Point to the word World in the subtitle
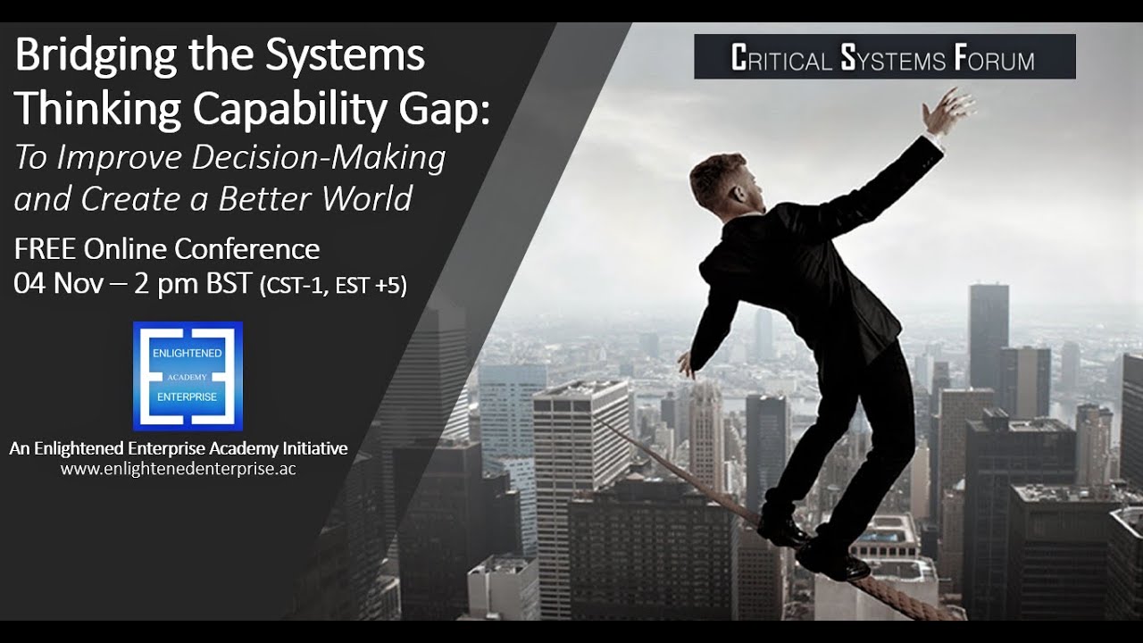(367, 198)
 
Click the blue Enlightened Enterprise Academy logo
(188, 376)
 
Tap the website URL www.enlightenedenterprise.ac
(179, 468)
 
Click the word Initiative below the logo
(307, 448)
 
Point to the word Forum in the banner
(994, 59)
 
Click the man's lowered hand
(686, 363)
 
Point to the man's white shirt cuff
(933, 138)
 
